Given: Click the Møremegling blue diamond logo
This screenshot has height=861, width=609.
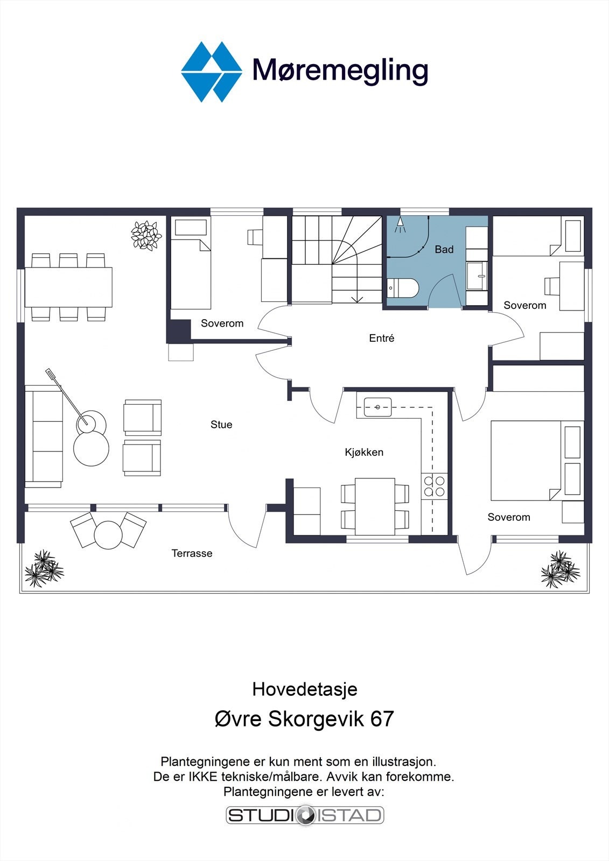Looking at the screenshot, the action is click(x=212, y=72).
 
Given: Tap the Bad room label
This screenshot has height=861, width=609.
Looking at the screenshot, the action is click(x=444, y=250).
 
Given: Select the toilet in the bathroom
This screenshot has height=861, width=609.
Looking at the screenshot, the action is click(x=402, y=287).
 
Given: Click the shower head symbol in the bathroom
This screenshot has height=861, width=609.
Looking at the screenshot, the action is click(x=400, y=225).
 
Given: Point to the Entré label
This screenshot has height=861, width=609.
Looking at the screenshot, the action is click(x=382, y=338).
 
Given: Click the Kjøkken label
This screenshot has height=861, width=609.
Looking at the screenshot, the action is click(x=364, y=452).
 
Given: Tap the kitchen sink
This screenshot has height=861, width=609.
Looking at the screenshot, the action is click(x=378, y=407).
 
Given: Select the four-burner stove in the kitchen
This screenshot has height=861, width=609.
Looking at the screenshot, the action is click(x=435, y=486).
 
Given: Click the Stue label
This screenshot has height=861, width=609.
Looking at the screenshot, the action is click(x=221, y=425).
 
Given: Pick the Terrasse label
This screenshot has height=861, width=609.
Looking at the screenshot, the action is click(x=192, y=553).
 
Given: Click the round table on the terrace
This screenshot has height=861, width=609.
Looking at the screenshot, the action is click(x=108, y=535).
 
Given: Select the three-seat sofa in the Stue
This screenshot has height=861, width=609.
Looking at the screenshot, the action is click(x=44, y=436).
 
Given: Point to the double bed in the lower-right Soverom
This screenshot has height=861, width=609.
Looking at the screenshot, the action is click(x=537, y=461).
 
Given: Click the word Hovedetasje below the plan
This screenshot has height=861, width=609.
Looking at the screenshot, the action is click(x=305, y=689).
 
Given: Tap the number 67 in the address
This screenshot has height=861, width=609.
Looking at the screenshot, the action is click(x=382, y=718).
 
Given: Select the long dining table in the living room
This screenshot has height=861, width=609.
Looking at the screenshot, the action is click(x=68, y=287).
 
